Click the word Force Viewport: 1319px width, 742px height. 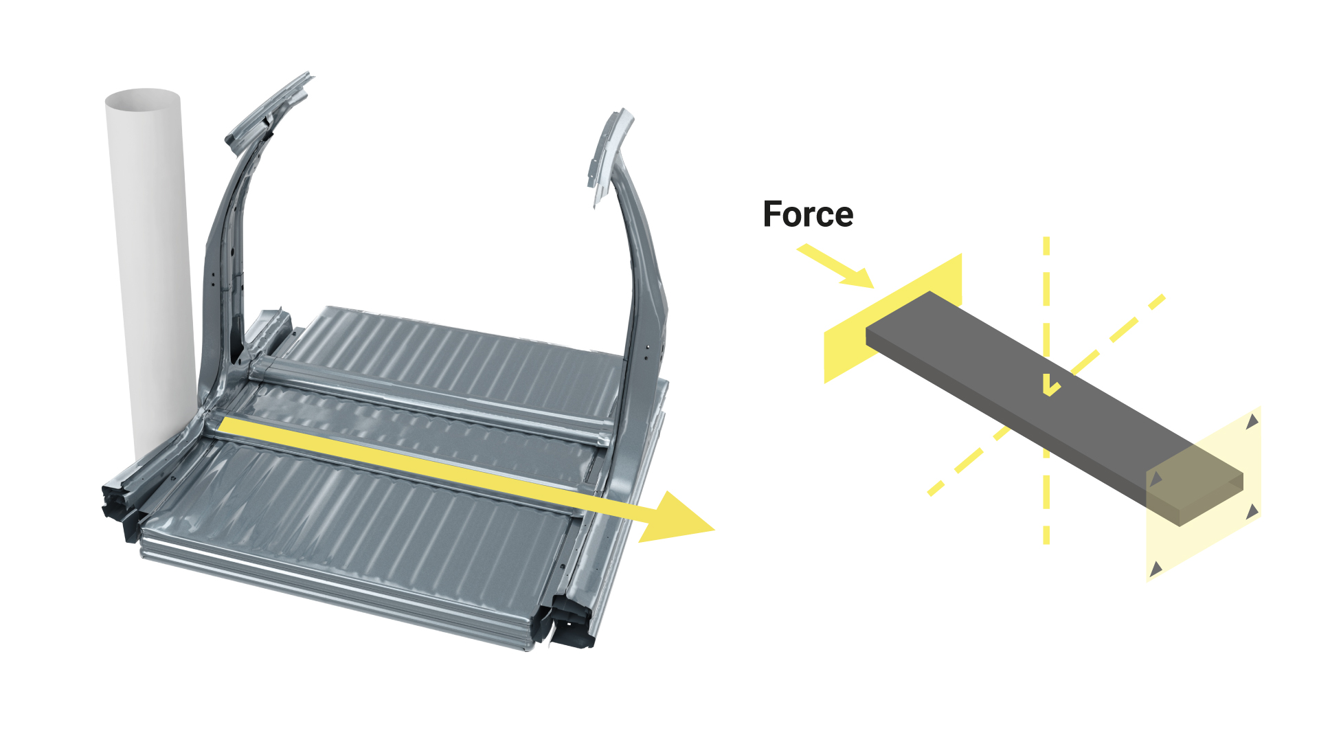(x=808, y=214)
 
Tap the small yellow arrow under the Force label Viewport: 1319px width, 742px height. (x=835, y=266)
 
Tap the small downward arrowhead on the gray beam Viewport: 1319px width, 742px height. (x=1050, y=390)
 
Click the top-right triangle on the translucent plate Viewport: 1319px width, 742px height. (x=1253, y=421)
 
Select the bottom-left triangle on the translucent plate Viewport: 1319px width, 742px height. (x=1156, y=568)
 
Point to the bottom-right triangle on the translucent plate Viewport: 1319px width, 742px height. (x=1252, y=511)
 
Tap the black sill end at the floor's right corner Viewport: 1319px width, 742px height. (x=572, y=622)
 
